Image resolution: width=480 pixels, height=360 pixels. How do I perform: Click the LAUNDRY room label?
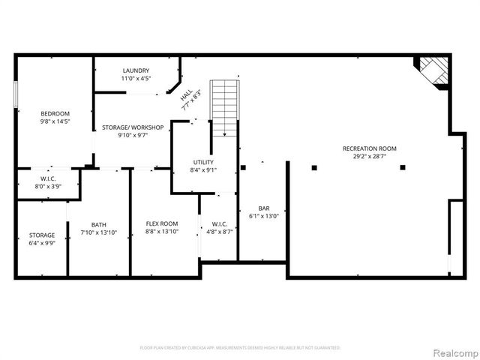click(136, 70)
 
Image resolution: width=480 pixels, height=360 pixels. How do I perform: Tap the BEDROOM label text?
click(55, 113)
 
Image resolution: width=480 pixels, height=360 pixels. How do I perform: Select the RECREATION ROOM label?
click(369, 148)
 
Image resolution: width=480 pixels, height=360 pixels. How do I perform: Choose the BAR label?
click(264, 208)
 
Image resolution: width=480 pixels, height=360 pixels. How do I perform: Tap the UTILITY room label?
click(203, 162)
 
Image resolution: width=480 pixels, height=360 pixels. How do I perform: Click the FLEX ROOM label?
click(161, 223)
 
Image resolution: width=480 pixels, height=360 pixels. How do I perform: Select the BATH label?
click(99, 224)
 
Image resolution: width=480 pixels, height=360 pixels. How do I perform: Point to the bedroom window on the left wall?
click(15, 97)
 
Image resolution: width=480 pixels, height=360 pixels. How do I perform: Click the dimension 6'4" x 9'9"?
click(42, 243)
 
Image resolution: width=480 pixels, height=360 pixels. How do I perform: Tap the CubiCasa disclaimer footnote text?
click(240, 348)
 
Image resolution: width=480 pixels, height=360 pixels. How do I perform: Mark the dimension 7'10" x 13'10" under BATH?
click(99, 232)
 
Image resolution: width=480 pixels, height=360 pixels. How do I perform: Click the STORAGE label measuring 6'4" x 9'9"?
click(42, 235)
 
